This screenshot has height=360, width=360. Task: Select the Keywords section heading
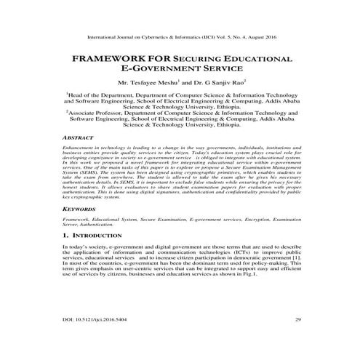[78, 207]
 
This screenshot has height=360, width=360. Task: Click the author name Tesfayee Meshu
[159, 82]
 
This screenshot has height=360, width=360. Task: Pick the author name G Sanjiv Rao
[224, 82]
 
